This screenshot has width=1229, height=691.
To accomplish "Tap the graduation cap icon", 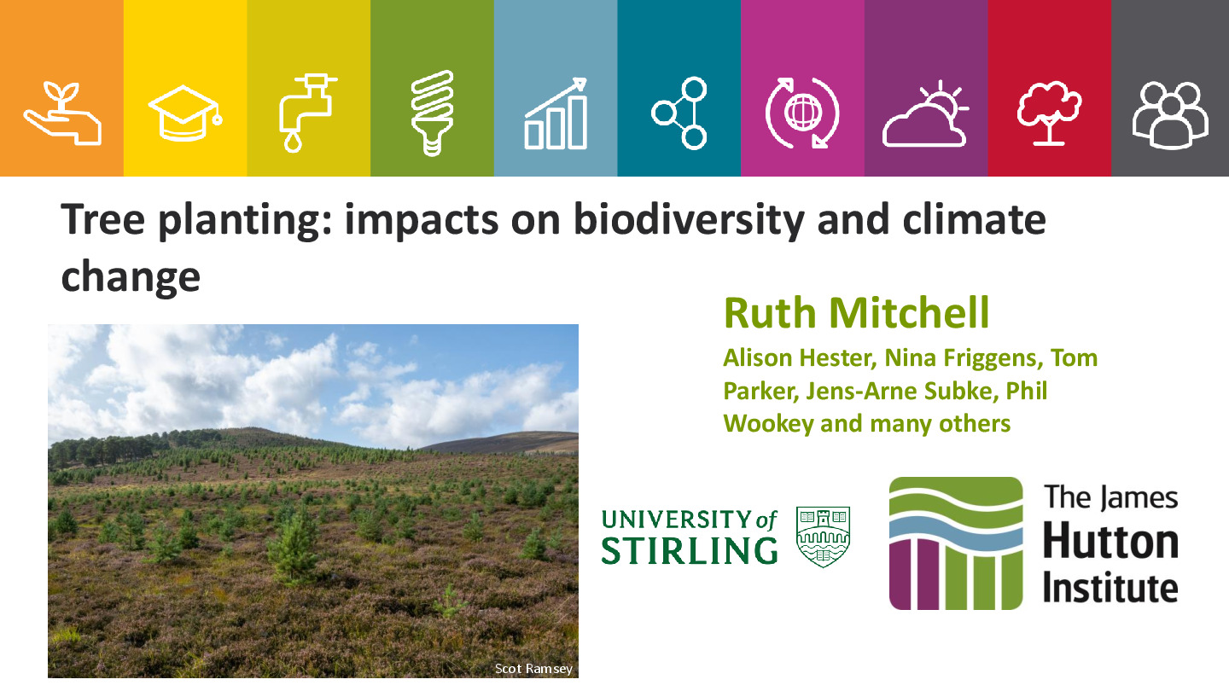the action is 185,113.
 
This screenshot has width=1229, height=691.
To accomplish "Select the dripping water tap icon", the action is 308,113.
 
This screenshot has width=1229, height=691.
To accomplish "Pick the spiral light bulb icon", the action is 433,113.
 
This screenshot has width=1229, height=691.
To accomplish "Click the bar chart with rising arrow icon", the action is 556,113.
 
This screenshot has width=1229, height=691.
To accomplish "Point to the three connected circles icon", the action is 679,113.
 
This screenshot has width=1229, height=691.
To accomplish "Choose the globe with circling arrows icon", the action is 802,113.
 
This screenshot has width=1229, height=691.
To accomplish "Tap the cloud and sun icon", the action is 925,113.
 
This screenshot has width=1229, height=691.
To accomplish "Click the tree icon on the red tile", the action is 1049,113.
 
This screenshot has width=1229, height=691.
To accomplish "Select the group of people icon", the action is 1170,115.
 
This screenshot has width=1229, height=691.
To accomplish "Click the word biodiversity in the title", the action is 689,220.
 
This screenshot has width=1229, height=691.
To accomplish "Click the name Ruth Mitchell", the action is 857,312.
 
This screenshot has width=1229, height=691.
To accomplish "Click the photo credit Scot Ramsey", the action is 533,669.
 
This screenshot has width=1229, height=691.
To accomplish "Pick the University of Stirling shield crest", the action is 823,537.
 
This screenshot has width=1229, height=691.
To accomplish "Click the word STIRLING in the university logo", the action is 690,550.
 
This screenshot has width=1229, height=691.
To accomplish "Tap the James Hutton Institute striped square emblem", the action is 956,543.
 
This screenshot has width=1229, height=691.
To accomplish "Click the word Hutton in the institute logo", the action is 1110,542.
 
